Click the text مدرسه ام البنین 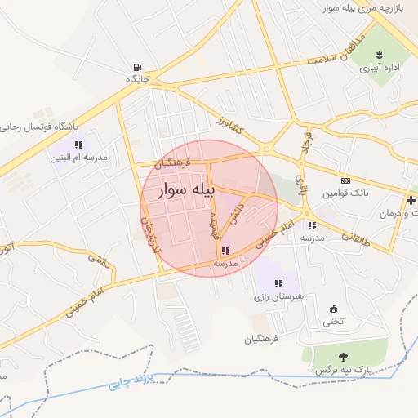pos(78,157)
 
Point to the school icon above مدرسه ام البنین pos(78,145)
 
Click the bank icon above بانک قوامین pos(346,180)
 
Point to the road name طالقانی pos(355,238)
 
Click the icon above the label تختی pos(333,309)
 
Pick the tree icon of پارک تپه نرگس pos(344,356)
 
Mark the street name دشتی pos(100,261)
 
